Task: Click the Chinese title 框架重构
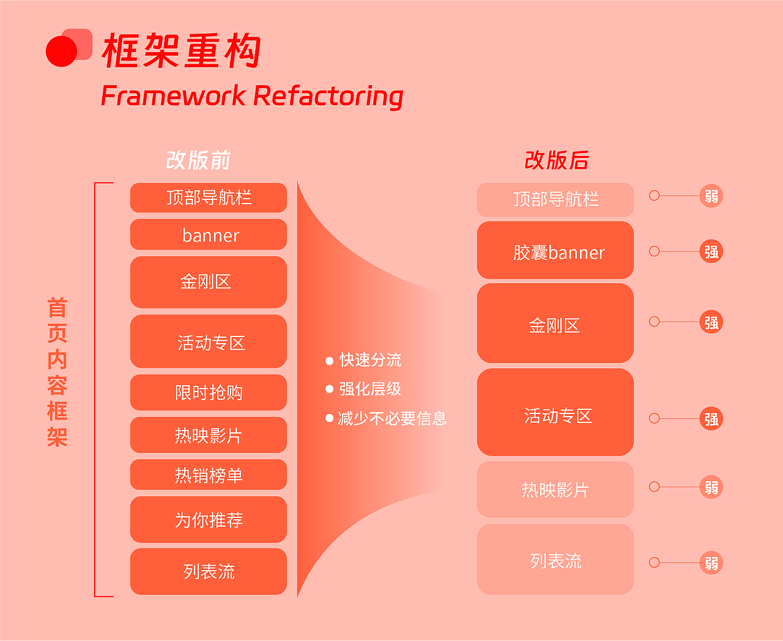(x=182, y=51)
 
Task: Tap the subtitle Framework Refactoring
(x=251, y=96)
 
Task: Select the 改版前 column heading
(x=198, y=160)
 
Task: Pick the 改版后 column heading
(x=556, y=160)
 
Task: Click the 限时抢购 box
(x=209, y=393)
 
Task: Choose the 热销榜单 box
(x=209, y=475)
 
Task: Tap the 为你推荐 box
(x=209, y=520)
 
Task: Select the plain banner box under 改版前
(x=209, y=235)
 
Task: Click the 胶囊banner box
(x=555, y=251)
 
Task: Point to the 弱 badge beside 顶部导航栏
(x=711, y=196)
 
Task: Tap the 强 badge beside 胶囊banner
(x=711, y=251)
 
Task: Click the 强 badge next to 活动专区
(x=711, y=419)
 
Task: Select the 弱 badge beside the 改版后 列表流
(x=711, y=563)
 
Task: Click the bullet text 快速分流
(x=370, y=360)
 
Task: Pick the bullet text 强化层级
(x=370, y=389)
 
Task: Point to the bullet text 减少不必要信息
(x=392, y=418)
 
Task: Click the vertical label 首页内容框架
(x=57, y=372)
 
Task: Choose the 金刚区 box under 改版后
(x=555, y=324)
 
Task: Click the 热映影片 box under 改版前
(x=209, y=435)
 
